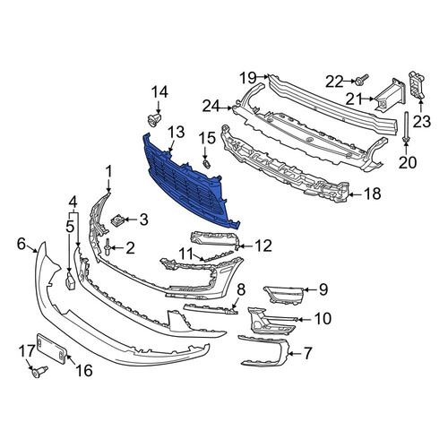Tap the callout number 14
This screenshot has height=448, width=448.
click(159, 92)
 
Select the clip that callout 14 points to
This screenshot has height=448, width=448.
click(154, 120)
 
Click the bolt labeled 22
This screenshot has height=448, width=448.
click(361, 79)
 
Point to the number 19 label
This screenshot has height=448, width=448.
click(248, 78)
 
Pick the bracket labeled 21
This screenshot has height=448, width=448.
click(391, 95)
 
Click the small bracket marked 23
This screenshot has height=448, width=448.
click(417, 85)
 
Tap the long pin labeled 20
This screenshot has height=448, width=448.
click(406, 126)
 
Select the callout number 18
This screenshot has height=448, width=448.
click(373, 194)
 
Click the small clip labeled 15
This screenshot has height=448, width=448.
click(207, 163)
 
